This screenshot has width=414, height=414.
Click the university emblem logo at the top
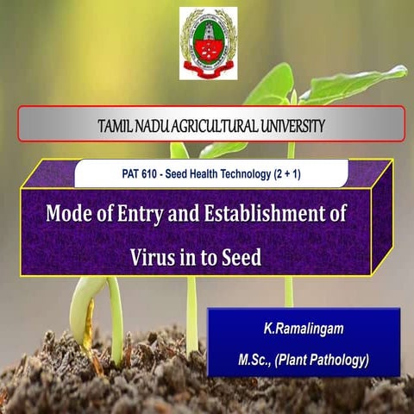[x=207, y=43]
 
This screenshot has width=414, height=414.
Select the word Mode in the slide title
[x=67, y=213]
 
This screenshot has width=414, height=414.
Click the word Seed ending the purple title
[x=238, y=256]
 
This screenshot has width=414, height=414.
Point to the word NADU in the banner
[x=154, y=126]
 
